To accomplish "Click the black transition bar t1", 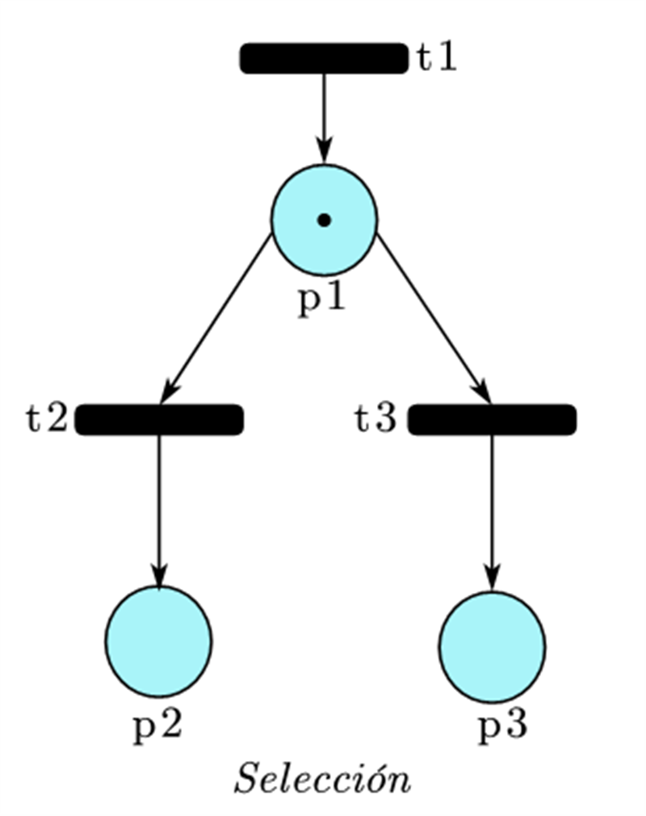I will pos(324,59).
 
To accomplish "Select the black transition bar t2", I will pos(159,420).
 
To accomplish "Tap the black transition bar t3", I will pos(492,420).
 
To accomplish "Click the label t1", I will pos(437,59).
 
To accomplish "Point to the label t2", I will pos(46,420).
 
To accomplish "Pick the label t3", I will pos(376,420).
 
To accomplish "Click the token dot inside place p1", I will pos(324,220).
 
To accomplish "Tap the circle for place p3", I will pos(492,646).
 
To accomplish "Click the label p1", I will pos(322,299).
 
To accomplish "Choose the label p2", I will pos(157,726).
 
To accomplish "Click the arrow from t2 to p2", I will pos(158,509).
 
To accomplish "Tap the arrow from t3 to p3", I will pos(492,509).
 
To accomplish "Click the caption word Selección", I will pos(322,779).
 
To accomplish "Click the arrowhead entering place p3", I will pos(492,579).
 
